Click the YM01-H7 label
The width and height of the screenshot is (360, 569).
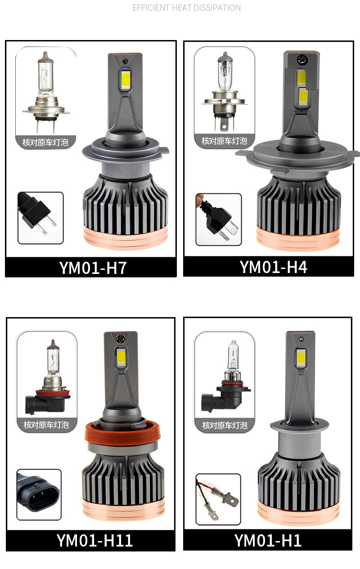point(93,268)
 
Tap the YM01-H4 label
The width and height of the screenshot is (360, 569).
point(273,267)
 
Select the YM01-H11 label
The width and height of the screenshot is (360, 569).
point(94,540)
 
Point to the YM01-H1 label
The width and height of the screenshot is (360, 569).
point(268,540)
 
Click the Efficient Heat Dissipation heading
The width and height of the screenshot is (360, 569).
point(186,8)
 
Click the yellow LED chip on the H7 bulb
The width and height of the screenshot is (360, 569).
point(125,79)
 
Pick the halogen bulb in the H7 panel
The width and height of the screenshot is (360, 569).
point(46,93)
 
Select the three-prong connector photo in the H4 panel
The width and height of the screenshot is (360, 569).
point(219,220)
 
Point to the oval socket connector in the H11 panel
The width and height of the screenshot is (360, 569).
point(39,495)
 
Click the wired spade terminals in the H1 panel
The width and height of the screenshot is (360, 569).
point(217,499)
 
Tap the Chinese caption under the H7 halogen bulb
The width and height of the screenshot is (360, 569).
point(45,142)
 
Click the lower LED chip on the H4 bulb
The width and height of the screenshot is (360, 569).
point(303,97)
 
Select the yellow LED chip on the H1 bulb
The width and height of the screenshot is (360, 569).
point(301,358)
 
